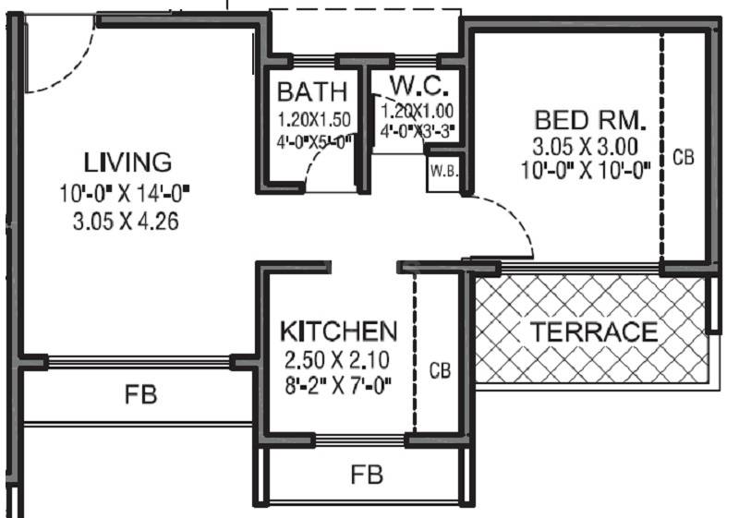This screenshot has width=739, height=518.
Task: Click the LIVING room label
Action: coord(127,162)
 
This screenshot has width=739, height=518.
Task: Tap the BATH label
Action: coord(312,92)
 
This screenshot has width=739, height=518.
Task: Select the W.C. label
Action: coord(418,87)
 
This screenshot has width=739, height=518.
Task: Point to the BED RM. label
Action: coord(591,121)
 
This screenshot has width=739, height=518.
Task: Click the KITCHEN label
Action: coord(339,331)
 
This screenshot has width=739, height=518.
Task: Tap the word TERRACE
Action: coord(593,331)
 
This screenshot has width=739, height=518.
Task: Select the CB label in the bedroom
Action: coord(683,157)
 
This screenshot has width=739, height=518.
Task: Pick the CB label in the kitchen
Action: coord(440,371)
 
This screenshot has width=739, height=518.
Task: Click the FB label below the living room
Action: coord(141,395)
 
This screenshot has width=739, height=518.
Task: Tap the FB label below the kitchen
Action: coord(367,476)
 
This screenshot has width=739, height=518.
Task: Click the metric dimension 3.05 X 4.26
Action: coord(127,221)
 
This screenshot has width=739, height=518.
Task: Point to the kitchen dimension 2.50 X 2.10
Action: coord(338,360)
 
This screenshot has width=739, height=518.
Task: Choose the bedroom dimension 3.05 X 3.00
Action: coord(585,147)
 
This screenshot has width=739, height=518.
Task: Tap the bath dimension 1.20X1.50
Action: coord(315,119)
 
